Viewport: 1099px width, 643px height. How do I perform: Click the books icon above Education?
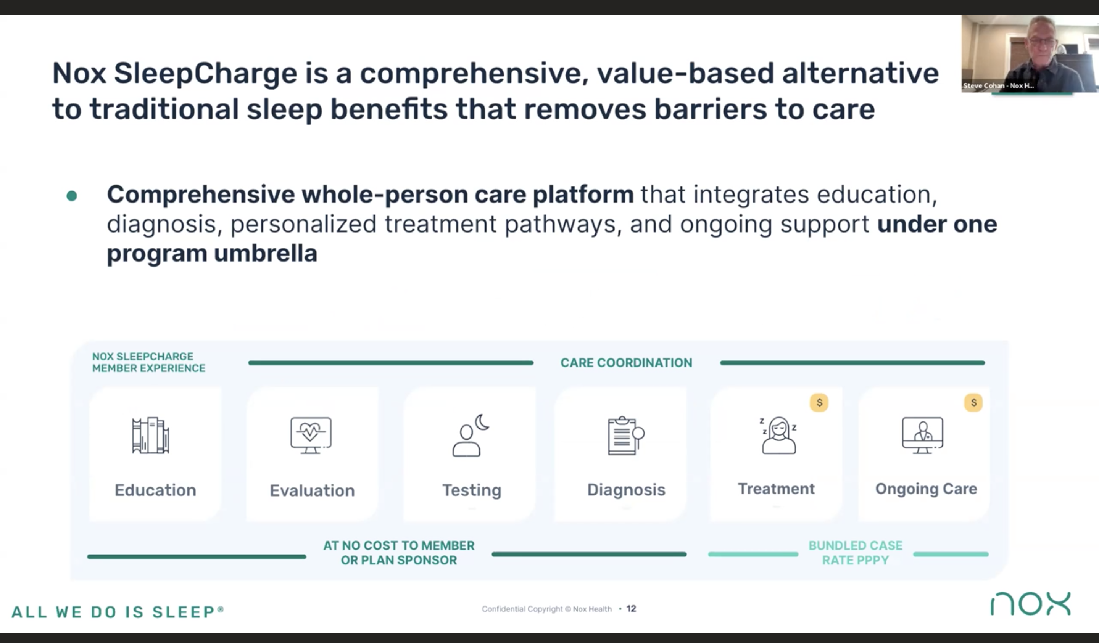(x=150, y=435)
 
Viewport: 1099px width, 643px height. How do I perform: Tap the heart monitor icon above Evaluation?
(x=311, y=435)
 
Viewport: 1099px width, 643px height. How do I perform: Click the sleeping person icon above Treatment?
(x=779, y=435)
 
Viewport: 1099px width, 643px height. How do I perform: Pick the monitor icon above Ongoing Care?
(x=922, y=435)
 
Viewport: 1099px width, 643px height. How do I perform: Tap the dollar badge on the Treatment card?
(x=819, y=402)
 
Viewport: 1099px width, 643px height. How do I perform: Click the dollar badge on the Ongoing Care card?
(x=973, y=402)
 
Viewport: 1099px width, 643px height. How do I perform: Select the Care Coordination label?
(x=626, y=363)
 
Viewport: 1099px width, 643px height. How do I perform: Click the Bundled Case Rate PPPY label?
(x=855, y=553)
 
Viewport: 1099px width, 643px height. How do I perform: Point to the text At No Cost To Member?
(x=399, y=545)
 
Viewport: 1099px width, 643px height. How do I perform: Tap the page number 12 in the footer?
(x=631, y=609)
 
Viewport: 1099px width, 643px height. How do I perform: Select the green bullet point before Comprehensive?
(x=71, y=196)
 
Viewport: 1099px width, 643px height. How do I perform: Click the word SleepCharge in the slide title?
(x=205, y=74)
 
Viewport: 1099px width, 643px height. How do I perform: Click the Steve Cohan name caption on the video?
(x=998, y=86)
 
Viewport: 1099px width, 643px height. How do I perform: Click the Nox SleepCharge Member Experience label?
(x=149, y=362)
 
